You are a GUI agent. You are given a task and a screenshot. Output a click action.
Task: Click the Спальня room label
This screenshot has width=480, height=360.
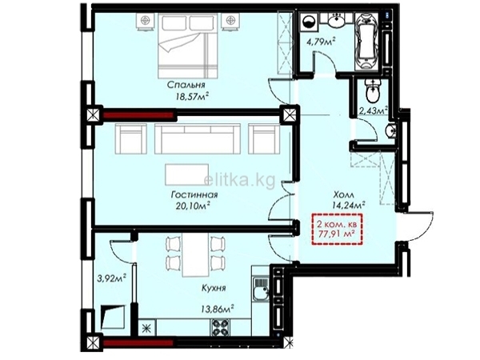pyautogui.click(x=186, y=85)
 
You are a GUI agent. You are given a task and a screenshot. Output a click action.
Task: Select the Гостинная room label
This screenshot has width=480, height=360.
pyautogui.click(x=194, y=194)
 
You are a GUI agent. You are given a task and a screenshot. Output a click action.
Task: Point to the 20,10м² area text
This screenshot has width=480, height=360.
pyautogui.click(x=193, y=206)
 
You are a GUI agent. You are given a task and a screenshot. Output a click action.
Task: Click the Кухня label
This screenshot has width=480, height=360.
pyautogui.click(x=214, y=288)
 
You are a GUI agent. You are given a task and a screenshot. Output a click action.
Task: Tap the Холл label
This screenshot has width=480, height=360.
pyautogui.click(x=344, y=194)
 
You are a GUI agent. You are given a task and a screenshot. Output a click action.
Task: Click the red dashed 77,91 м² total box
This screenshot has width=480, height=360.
pyautogui.click(x=337, y=229)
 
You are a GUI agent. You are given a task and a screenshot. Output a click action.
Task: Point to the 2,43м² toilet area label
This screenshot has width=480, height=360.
pyautogui.click(x=373, y=111)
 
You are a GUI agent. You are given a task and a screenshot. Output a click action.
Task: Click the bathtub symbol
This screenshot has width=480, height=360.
pyautogui.click(x=367, y=42)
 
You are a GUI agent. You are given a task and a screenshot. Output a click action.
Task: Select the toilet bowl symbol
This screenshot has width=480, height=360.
pyautogui.click(x=373, y=91)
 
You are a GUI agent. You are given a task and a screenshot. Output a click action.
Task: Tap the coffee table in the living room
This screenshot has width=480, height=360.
pyautogui.click(x=186, y=174)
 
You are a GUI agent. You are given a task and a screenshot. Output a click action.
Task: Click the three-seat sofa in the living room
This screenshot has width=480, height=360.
pyautogui.click(x=198, y=138)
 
